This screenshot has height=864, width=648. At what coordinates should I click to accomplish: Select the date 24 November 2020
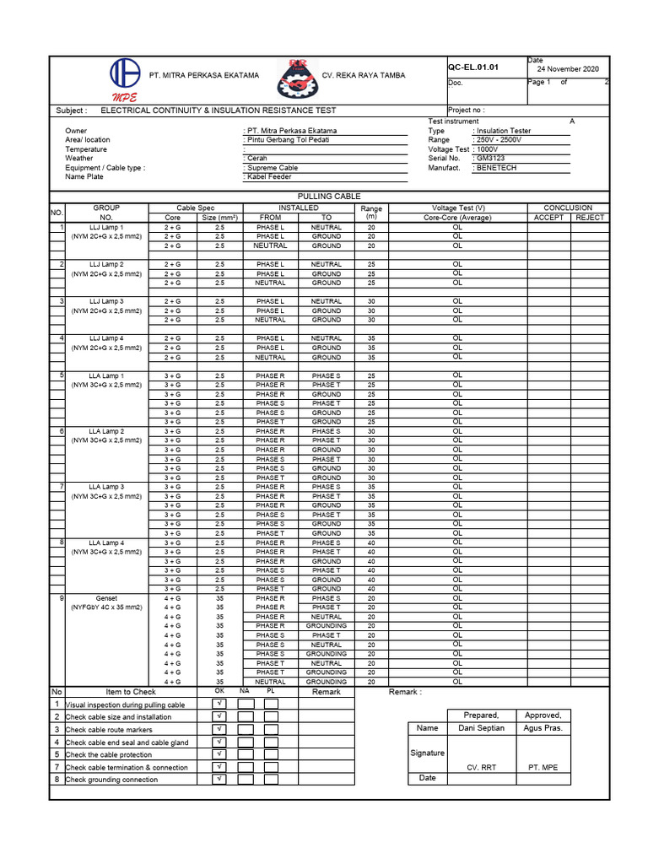click(x=568, y=69)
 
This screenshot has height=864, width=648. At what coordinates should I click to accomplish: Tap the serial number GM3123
click(x=492, y=158)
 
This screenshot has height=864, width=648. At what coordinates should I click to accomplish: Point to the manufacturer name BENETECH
click(x=497, y=168)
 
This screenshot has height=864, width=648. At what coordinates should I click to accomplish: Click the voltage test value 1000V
click(x=488, y=148)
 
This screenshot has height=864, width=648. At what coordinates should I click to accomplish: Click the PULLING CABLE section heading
click(x=329, y=196)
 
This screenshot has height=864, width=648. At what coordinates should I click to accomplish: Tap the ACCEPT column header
click(x=548, y=218)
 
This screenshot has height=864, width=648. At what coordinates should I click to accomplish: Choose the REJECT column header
click(x=590, y=218)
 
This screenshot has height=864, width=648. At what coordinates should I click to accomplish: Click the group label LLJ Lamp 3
click(x=106, y=301)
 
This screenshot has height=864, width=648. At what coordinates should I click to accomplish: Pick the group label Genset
click(x=106, y=598)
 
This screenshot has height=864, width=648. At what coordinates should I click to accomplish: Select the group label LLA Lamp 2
click(x=106, y=431)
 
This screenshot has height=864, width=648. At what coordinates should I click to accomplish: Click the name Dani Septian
click(x=482, y=728)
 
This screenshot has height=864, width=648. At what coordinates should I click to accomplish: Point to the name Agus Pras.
click(x=543, y=728)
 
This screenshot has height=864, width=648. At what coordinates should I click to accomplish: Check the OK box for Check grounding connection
click(x=219, y=780)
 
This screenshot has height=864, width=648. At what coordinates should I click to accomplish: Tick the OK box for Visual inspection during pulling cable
click(x=219, y=704)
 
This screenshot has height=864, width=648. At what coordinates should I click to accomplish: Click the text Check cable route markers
click(x=110, y=730)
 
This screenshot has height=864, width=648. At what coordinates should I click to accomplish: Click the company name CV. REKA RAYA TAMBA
click(x=364, y=76)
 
